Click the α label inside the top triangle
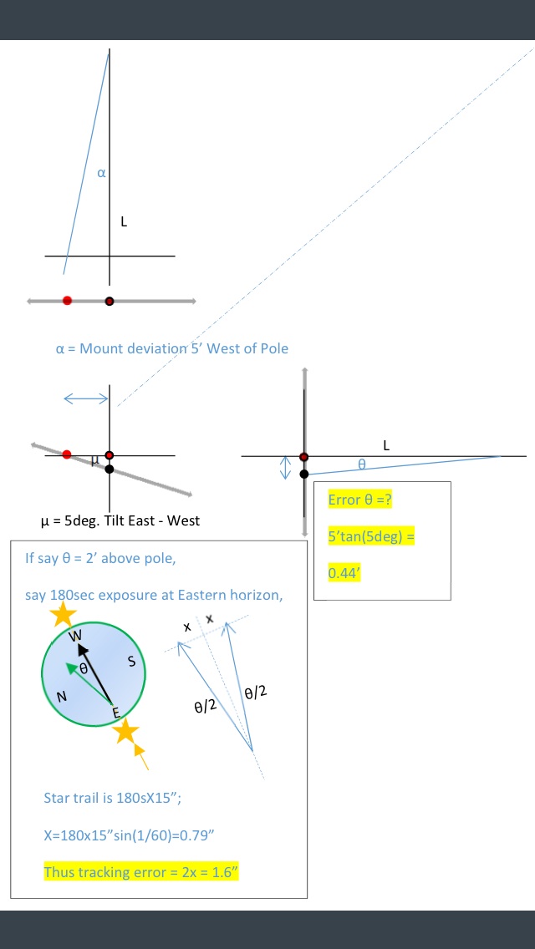(x=102, y=174)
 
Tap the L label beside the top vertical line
(x=124, y=222)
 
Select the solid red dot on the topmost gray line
(x=67, y=300)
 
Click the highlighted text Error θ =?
(x=360, y=500)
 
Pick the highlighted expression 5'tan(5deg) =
(x=371, y=536)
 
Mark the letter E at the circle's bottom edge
(x=116, y=712)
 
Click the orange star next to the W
(x=62, y=616)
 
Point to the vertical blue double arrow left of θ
(x=285, y=467)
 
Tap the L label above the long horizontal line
(x=386, y=446)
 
